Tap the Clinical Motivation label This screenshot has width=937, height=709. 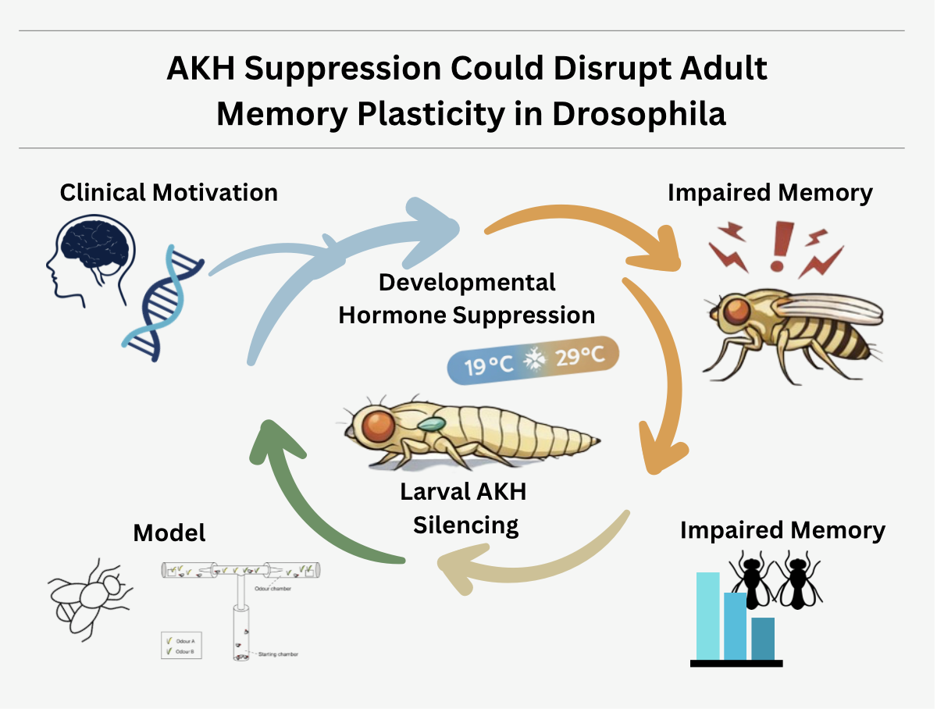coord(169,192)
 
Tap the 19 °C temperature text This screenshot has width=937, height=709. coord(489,364)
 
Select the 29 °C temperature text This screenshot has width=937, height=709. coord(579,358)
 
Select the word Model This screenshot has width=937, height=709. coord(169,533)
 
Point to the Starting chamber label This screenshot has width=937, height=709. coord(280,654)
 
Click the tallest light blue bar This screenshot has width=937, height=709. coord(707,616)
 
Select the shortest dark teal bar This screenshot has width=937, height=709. coord(763,639)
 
